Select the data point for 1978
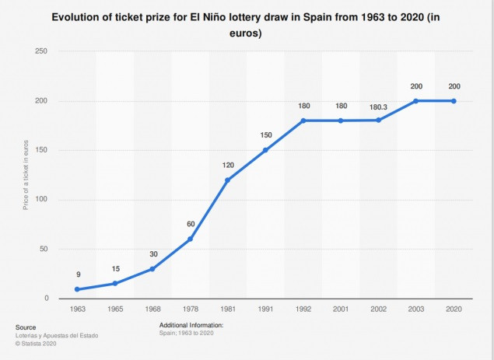click(191, 239)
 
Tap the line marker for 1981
click(227, 180)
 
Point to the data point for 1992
click(303, 121)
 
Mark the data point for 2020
click(454, 101)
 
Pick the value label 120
click(227, 165)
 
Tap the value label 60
click(191, 224)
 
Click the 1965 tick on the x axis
click(115, 309)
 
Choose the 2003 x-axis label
click(416, 309)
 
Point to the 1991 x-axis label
click(265, 309)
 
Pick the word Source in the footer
click(26, 327)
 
